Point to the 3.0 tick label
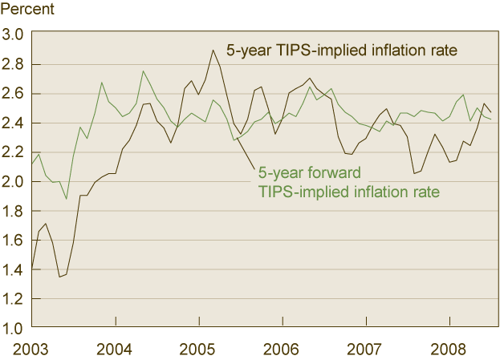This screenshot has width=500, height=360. click(14, 34)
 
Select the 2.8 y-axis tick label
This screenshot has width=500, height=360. click(14, 64)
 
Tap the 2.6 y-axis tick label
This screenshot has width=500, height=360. click(14, 94)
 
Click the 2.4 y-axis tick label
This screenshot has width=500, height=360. click(14, 123)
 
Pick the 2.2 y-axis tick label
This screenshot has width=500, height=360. click(14, 152)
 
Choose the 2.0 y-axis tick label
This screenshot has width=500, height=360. click(14, 182)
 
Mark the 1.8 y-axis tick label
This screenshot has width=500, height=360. click(14, 211)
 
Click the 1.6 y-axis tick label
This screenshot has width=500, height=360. click(14, 241)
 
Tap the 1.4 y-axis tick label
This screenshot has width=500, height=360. click(14, 270)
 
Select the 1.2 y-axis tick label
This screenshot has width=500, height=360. click(14, 299)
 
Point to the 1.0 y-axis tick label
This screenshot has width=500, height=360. click(14, 329)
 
